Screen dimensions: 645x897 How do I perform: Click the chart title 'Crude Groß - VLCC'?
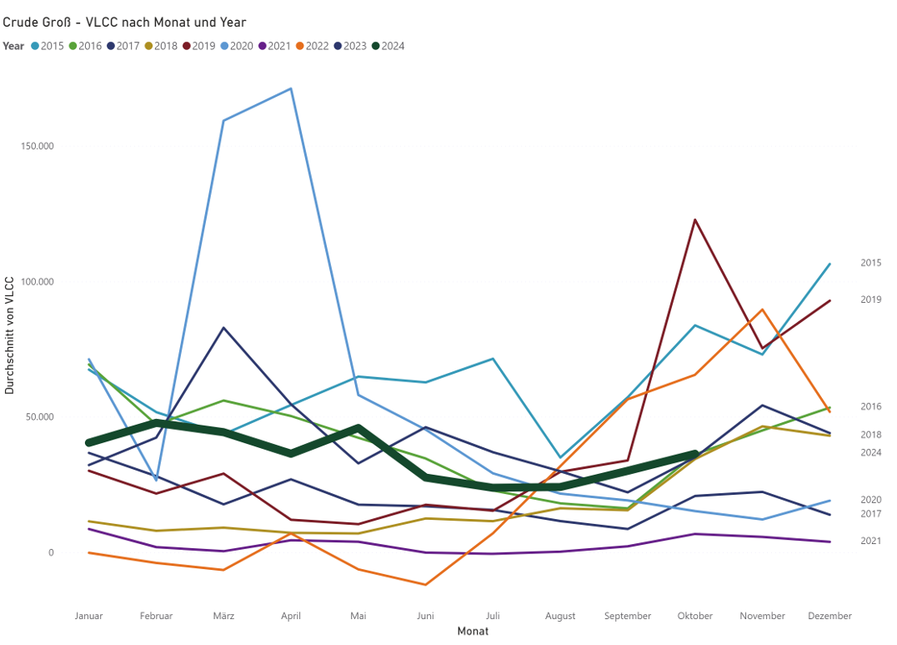pos(124,23)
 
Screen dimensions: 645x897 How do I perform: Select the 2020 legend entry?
pos(236,46)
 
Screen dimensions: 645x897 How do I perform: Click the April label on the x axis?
pos(291,617)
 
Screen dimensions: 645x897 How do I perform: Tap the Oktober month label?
pos(695,617)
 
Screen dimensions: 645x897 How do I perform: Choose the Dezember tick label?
pos(829,617)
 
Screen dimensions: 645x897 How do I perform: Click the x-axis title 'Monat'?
pos(473,632)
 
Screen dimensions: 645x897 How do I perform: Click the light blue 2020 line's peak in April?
pos(291,88)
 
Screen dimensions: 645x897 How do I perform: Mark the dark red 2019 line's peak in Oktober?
pos(695,219)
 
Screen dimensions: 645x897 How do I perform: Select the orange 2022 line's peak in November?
pos(762,310)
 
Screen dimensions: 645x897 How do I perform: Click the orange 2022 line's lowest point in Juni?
pos(425,585)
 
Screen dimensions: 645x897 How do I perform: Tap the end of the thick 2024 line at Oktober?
pos(695,455)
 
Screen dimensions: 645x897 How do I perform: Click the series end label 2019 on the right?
pos(870,300)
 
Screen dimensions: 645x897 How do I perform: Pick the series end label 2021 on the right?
pos(870,542)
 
